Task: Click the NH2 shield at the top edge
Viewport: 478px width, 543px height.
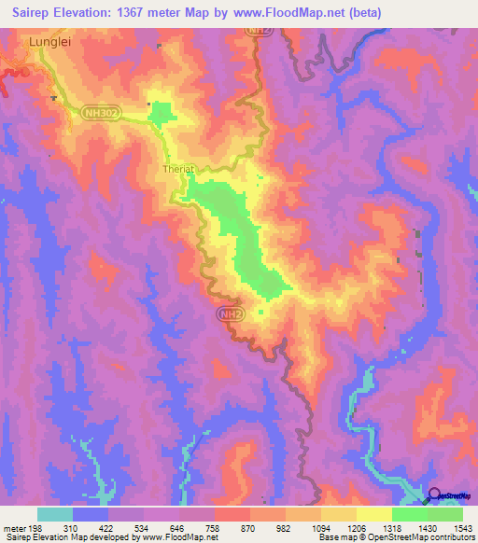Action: click(x=258, y=31)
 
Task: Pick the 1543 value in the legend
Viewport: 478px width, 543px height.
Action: click(x=462, y=528)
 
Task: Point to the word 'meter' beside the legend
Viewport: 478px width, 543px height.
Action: click(x=12, y=528)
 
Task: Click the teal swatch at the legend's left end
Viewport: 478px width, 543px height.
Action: click(x=55, y=514)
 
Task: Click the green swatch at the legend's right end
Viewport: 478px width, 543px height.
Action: click(x=445, y=514)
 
